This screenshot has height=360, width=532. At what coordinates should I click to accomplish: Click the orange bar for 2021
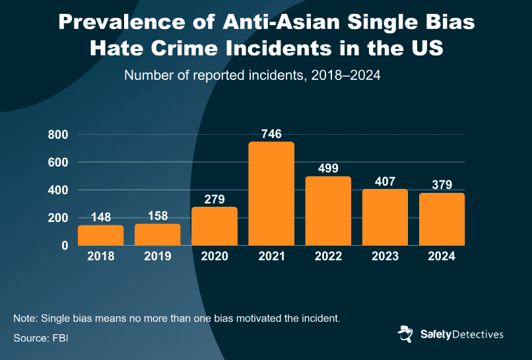[x=271, y=194]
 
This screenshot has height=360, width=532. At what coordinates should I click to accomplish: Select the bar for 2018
[x=101, y=235]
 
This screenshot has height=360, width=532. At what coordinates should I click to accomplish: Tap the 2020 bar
[x=215, y=226]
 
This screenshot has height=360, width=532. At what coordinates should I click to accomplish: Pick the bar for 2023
[x=385, y=217]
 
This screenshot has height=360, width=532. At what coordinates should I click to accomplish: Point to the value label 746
[x=271, y=133]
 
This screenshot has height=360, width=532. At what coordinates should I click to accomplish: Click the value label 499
[x=328, y=168]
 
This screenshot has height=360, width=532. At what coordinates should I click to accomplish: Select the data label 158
[x=158, y=215]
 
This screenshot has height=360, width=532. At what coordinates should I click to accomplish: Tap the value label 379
[x=442, y=184]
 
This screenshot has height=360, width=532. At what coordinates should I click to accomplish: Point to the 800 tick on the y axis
[x=58, y=135]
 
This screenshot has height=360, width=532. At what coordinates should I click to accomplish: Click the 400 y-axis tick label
[x=58, y=190]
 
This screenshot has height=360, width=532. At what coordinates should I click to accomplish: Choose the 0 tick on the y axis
[x=65, y=246]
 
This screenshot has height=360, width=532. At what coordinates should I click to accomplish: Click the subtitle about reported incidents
[x=252, y=75]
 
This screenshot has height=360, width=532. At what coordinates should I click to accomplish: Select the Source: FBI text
[x=40, y=338]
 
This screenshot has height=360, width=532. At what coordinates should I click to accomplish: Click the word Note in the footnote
[x=24, y=318]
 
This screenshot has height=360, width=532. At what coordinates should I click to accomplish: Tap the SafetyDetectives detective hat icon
[x=406, y=334]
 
